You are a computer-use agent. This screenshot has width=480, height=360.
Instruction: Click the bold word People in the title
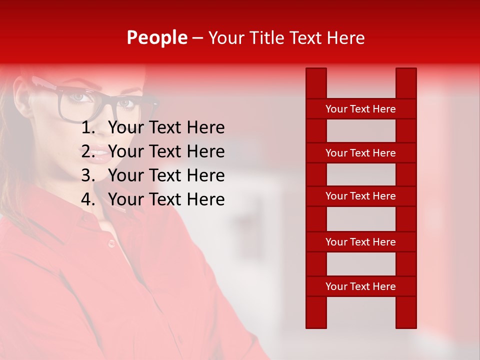(x=156, y=37)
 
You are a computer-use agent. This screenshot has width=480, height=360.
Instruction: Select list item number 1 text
(x=166, y=128)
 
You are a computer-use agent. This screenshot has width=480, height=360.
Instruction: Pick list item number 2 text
(x=166, y=151)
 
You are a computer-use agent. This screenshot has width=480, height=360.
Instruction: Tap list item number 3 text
(x=166, y=175)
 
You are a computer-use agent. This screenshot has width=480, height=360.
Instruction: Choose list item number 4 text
(x=166, y=199)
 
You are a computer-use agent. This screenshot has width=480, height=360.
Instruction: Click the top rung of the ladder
(x=360, y=109)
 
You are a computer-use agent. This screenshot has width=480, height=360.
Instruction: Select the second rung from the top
(x=360, y=153)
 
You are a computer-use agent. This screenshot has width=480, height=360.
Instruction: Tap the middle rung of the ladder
(x=360, y=196)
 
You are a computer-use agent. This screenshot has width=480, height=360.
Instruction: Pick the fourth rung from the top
(x=360, y=242)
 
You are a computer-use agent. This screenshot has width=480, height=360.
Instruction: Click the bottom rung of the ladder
(x=360, y=286)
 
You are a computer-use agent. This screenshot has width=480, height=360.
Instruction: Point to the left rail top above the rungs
(x=316, y=83)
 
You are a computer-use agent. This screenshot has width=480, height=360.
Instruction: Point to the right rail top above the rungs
(x=406, y=83)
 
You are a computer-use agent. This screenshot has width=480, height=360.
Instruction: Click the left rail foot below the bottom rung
(x=316, y=312)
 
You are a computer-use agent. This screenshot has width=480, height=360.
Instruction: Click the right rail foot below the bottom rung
(x=406, y=312)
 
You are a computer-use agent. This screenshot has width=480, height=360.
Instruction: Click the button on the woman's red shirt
(x=111, y=243)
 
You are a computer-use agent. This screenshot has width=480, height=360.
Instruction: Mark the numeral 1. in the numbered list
(x=88, y=128)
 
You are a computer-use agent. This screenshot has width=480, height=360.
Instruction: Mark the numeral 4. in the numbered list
(x=88, y=199)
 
